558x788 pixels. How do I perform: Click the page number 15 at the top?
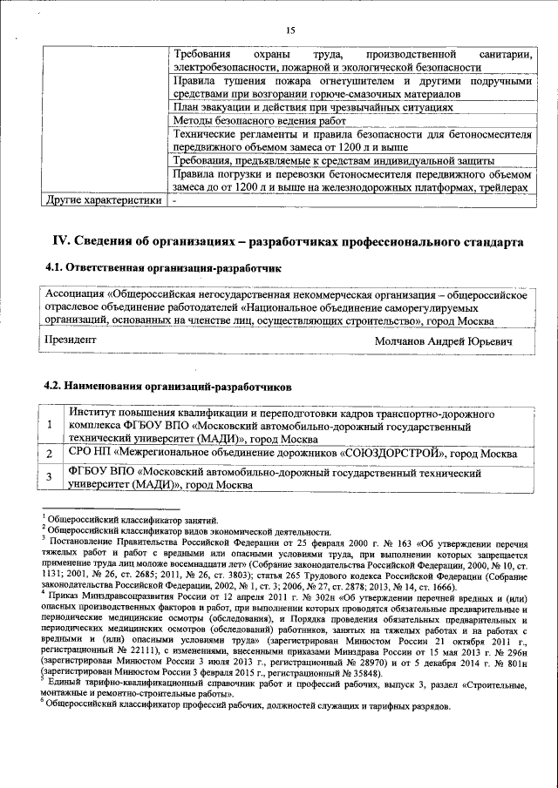pyautogui.click(x=291, y=30)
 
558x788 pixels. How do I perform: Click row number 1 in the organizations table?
pyautogui.click(x=50, y=425)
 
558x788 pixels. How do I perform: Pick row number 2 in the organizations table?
pyautogui.click(x=50, y=455)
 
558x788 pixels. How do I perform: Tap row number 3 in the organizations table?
pyautogui.click(x=50, y=477)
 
